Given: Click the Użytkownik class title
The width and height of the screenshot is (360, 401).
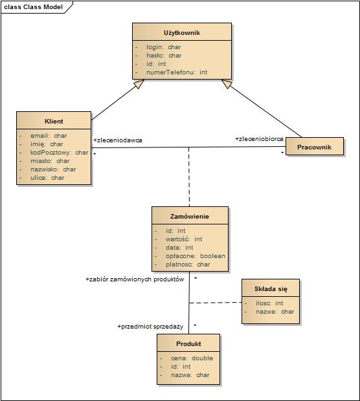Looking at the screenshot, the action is (182, 33).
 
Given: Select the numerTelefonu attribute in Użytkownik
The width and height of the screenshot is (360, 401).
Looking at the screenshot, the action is (177, 72).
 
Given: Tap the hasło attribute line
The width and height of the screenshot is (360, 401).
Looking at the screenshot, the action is (164, 56).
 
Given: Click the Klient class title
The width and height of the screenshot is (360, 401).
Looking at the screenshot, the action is (54, 121).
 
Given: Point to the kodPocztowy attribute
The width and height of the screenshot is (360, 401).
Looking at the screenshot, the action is (59, 153).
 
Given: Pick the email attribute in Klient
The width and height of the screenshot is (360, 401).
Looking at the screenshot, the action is (49, 136).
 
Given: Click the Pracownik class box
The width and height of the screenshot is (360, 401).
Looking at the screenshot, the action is (315, 146).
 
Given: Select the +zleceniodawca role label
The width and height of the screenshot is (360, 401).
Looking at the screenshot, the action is (118, 140).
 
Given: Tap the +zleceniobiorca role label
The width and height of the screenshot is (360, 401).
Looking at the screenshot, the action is (259, 139).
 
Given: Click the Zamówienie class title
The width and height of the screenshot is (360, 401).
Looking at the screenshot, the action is (190, 217).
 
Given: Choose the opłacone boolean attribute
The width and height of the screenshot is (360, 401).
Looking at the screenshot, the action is (196, 256).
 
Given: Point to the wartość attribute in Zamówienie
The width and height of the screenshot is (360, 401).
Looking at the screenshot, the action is (184, 239).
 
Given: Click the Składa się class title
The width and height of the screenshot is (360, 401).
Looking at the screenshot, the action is (271, 289).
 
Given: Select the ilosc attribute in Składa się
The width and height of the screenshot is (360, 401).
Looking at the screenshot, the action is (269, 303).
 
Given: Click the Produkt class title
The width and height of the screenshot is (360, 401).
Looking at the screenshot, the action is (188, 343).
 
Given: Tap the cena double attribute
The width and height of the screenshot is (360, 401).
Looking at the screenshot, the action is (192, 358).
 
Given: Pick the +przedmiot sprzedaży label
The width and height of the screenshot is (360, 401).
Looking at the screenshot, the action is (150, 327).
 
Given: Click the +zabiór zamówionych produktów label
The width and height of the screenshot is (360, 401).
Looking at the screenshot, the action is (135, 279).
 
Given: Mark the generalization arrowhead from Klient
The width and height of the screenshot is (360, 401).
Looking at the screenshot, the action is (139, 83).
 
